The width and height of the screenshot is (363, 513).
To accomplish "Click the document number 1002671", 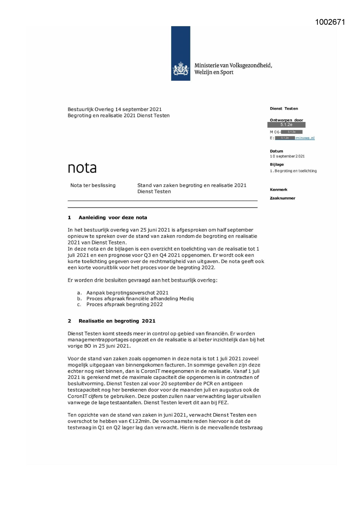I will [x=330, y=22].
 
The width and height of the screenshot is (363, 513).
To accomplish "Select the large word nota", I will [x=82, y=168].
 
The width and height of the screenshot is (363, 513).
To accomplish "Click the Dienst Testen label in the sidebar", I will [x=284, y=109].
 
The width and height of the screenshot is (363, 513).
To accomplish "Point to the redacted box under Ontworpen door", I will [x=286, y=125].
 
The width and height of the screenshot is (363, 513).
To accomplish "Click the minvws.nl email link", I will [x=305, y=138].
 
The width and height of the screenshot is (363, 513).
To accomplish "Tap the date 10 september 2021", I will [x=287, y=156].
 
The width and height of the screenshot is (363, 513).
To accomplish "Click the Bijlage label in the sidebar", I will [x=277, y=164].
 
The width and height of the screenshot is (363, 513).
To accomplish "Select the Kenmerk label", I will [x=278, y=190].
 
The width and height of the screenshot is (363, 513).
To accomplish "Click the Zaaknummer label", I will [x=282, y=198].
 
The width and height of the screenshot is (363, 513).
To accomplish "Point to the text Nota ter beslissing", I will [x=93, y=185].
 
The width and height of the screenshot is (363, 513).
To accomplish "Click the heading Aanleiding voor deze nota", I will [x=113, y=218].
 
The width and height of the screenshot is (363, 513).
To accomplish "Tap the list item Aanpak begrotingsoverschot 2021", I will [x=127, y=293].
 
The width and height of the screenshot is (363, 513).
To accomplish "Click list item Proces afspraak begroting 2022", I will [x=124, y=304].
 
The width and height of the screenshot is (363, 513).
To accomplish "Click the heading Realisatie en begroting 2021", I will [x=117, y=321].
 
